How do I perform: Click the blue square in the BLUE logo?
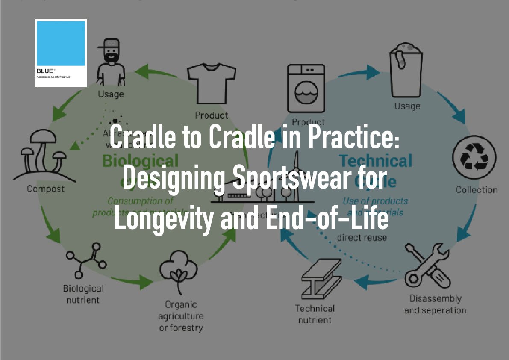point(61,44)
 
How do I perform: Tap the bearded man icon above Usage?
point(111,63)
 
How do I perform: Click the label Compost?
point(46,189)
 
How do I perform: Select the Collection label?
point(477,190)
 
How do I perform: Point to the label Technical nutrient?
point(315,314)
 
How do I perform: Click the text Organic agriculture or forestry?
point(181,316)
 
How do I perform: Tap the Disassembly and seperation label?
point(435,304)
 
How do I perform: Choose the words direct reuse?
point(362,237)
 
